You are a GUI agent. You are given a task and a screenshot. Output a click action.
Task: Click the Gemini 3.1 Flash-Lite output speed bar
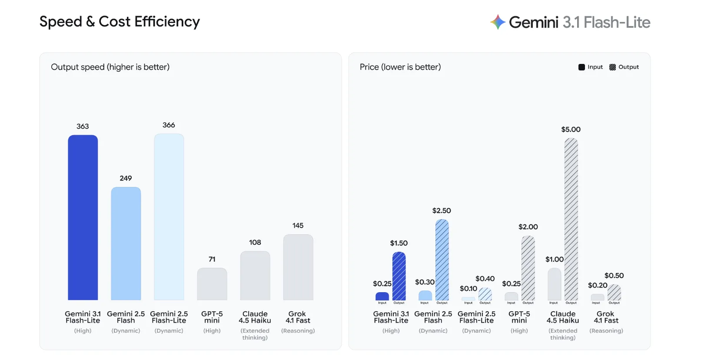83,217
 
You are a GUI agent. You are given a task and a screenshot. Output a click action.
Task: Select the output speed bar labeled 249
126,243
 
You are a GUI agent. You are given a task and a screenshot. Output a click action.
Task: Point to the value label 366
169,125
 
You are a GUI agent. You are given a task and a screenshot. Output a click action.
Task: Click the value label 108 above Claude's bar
255,243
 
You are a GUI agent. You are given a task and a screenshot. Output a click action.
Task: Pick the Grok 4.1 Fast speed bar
298,267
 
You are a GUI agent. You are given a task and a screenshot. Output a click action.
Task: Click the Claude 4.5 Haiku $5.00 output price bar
571,220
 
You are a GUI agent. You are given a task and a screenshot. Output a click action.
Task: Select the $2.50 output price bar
442,260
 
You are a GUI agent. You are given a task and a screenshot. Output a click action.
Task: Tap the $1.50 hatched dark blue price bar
399,276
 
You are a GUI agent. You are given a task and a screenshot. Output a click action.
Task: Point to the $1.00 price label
554,260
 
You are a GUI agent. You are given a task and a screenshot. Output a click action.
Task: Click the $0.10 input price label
468,289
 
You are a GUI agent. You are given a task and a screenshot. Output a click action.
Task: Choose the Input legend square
581,67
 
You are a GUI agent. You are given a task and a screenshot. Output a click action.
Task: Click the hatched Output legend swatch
612,67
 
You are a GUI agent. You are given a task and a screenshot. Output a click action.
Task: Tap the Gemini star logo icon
498,22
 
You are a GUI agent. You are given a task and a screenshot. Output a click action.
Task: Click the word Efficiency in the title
167,22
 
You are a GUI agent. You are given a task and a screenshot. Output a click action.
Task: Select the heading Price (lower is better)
400,67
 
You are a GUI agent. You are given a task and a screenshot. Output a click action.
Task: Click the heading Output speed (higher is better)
110,67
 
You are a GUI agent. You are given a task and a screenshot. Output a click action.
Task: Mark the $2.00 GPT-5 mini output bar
528,268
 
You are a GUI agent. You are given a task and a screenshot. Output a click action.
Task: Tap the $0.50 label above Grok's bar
614,276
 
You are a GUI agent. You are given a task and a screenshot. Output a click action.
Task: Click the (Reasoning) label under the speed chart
298,331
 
